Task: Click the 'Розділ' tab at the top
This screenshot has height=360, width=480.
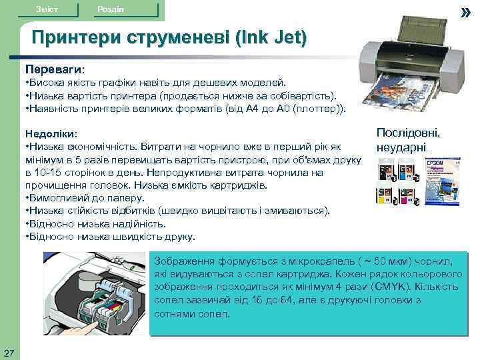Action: coord(110,9)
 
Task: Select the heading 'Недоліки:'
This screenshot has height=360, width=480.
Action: coord(51,134)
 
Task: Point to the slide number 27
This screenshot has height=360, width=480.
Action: coord(9,352)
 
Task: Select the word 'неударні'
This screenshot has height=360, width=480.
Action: coord(401,146)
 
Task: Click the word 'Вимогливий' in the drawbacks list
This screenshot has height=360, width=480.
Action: coord(53,198)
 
